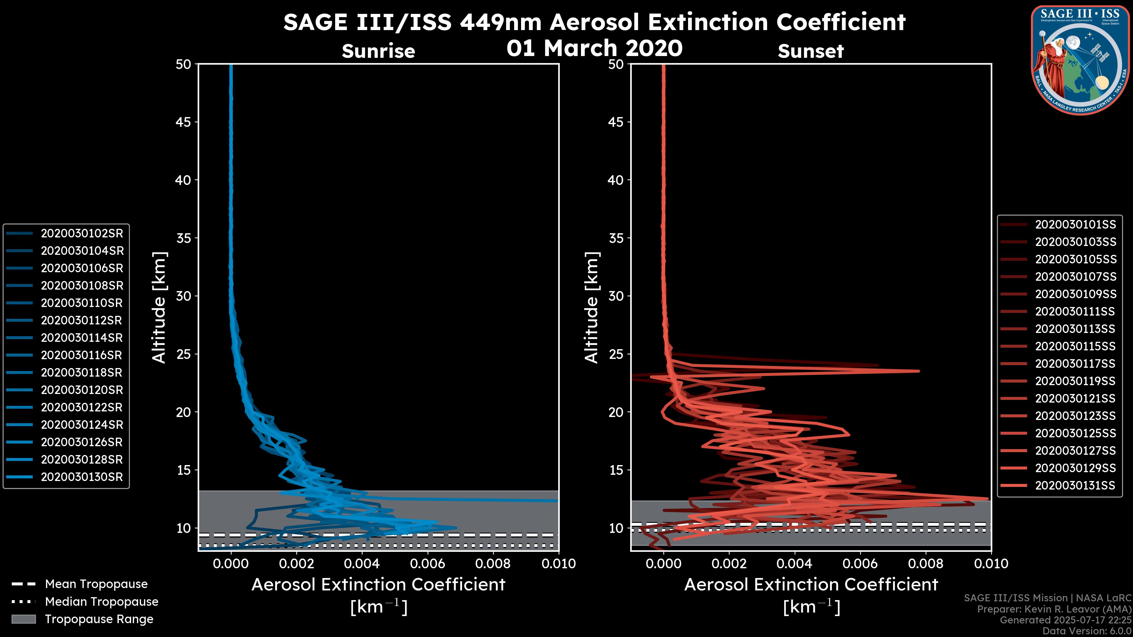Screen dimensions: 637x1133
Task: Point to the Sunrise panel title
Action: tap(378, 51)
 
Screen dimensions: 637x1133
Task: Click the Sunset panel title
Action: tap(811, 51)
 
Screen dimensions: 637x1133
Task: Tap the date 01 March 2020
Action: tap(594, 48)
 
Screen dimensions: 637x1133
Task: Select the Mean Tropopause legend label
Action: tap(96, 584)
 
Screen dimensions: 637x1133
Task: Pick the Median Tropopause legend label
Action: tap(101, 602)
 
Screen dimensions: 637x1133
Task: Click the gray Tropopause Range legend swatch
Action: tap(23, 619)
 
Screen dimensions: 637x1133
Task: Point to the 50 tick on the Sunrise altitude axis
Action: tap(184, 64)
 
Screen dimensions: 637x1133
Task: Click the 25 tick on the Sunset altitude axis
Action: tap(616, 354)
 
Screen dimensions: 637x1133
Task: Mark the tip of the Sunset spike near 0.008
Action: tap(918, 371)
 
